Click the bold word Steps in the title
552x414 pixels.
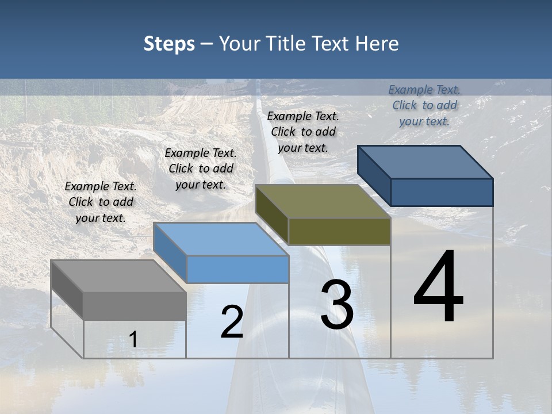coord(169,44)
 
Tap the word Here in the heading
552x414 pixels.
coord(377,44)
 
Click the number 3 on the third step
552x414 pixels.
coord(337,305)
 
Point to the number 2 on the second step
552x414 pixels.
coord(232,322)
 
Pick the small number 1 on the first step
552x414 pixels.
coord(133,339)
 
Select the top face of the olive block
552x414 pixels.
coord(322,202)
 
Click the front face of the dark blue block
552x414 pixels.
coord(442,192)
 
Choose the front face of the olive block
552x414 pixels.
coord(339,231)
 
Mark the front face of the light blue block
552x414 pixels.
coord(237,269)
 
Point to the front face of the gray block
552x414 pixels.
coord(135,305)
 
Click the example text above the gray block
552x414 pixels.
coord(101,202)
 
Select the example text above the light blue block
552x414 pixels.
coord(201,168)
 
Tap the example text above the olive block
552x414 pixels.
coord(303,132)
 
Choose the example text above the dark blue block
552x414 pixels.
coord(424,105)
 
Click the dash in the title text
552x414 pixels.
coord(206,44)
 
